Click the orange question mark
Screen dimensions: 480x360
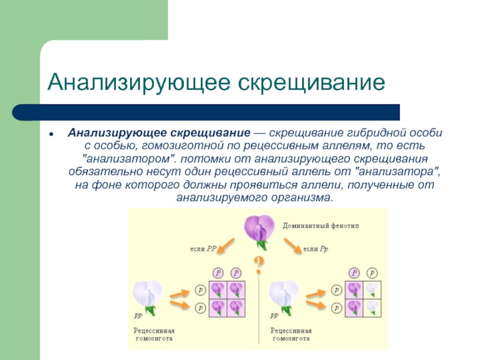259,264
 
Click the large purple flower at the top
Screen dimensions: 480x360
259,229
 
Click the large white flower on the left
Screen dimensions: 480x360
148,296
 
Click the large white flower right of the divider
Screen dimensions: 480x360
284,296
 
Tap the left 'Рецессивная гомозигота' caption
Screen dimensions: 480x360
154,334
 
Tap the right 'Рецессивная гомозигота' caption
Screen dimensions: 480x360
292,334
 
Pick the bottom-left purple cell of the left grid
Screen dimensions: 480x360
218,307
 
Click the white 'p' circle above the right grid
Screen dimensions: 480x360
373,273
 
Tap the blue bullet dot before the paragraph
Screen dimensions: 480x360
53,132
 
